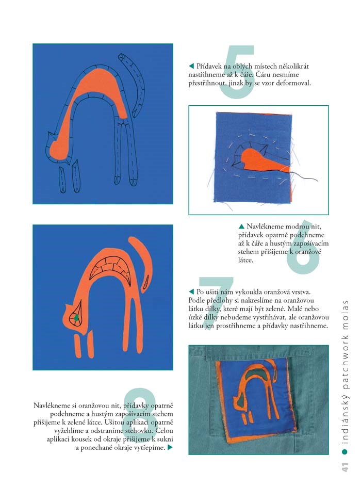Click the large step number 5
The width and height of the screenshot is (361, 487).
coord(237,72)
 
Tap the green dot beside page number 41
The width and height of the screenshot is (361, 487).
coord(344,452)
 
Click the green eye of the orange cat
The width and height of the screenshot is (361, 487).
coord(76,318)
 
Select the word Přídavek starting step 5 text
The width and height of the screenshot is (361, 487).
coord(209,66)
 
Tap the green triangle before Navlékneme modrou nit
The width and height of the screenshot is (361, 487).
coord(241,226)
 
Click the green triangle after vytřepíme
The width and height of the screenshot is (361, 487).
coord(170,448)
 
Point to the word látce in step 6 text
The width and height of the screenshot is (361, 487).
coord(245,261)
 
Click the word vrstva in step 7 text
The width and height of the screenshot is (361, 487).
coord(300,292)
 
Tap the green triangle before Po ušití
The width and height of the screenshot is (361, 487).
coord(191,291)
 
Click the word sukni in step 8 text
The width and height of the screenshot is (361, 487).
coord(165,439)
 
